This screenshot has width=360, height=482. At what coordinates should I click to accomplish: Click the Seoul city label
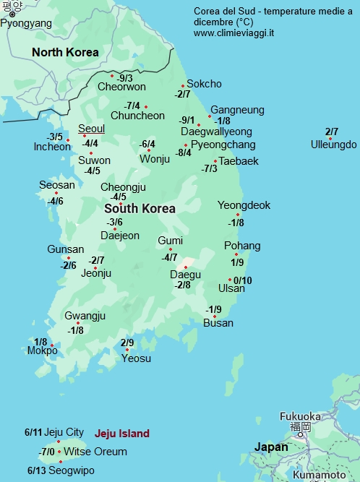pos(92,129)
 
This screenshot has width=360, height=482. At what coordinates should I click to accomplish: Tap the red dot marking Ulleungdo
pos(330,138)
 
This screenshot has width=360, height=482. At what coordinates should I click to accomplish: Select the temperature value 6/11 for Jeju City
pos(33,432)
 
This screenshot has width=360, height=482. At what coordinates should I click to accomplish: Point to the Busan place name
pos(218,323)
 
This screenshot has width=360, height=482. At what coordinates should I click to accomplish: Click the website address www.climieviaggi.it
pos(233,33)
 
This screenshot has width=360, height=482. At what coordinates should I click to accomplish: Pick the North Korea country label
pos(65,52)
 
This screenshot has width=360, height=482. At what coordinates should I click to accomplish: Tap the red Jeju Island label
pos(122,434)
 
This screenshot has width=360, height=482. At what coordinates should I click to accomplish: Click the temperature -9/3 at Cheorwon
pos(125,78)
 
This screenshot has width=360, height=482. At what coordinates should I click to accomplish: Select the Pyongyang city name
pos(26,23)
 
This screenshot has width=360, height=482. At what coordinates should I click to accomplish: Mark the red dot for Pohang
pos(236,254)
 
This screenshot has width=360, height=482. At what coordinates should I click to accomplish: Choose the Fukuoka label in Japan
pos(300,416)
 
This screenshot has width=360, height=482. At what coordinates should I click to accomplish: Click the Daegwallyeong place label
pos(216,132)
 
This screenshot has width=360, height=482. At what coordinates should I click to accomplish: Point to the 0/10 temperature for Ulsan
pos(243,280)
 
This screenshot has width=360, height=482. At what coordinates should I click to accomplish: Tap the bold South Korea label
pos(140,208)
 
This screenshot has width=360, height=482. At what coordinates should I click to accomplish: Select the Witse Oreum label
pos(95,452)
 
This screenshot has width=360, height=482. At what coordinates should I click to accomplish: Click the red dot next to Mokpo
pos(52,345)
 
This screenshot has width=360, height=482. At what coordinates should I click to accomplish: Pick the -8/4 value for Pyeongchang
pos(184,152)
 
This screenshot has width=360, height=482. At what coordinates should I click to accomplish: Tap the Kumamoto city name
pos(319,475)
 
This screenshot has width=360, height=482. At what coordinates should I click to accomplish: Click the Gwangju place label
pos(85,316)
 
